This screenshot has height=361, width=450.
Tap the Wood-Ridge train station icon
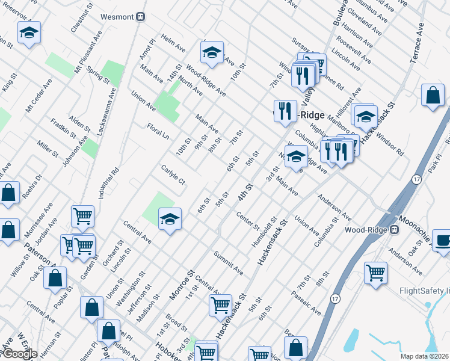pyautogui.click(x=395, y=230)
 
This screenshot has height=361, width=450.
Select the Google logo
pyautogui.click(x=20, y=354)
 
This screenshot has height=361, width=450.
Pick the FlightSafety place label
pyautogui.click(x=425, y=291)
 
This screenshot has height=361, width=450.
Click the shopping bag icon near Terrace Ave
pyautogui.click(x=433, y=96)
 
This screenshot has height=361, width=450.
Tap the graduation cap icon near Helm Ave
pyautogui.click(x=212, y=54)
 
